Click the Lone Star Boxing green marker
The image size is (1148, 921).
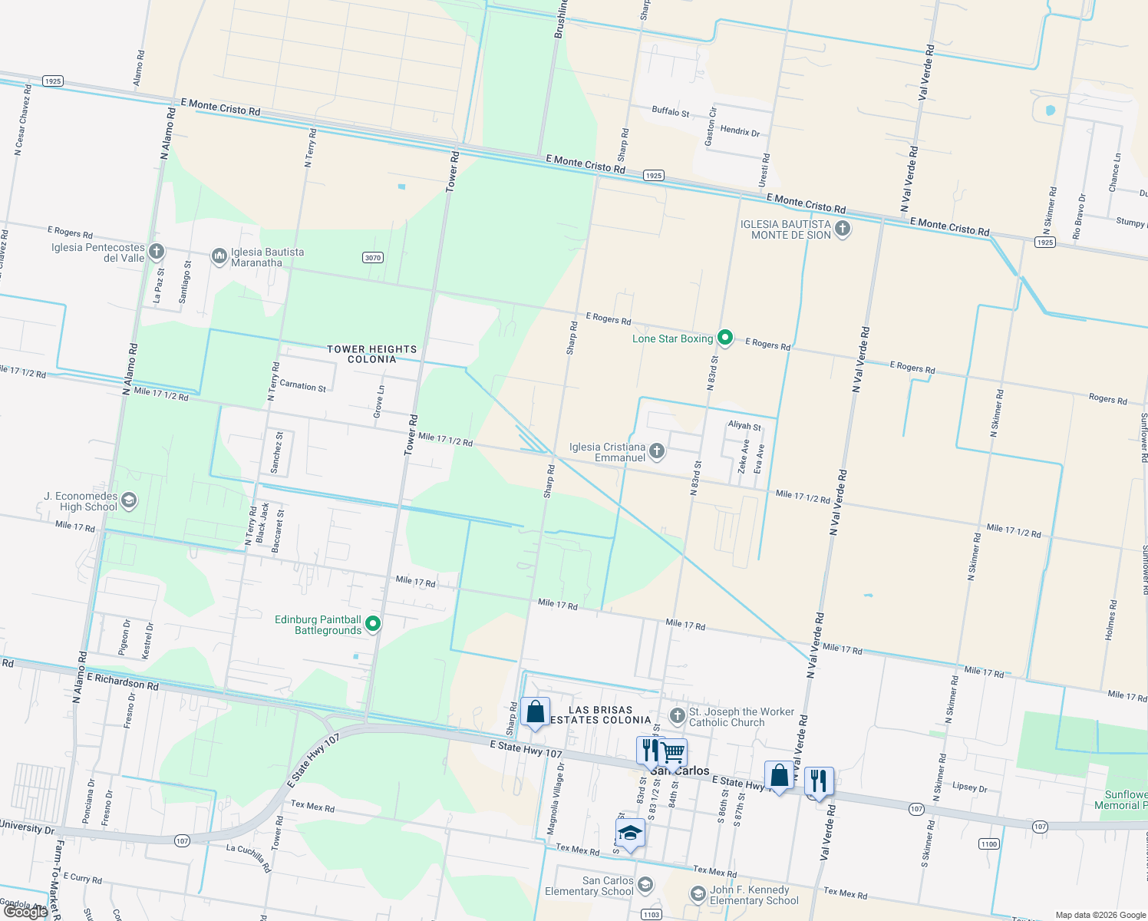click(725, 338)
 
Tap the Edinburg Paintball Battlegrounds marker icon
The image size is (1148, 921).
click(373, 624)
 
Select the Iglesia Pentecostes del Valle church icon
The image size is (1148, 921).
click(157, 251)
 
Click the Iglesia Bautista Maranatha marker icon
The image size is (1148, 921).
click(219, 256)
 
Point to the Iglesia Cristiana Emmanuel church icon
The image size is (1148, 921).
click(657, 451)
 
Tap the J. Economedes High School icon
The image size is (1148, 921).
click(129, 501)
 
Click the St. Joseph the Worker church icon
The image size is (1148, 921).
click(677, 716)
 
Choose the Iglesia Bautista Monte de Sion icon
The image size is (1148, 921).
click(843, 229)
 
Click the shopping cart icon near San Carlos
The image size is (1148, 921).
click(674, 753)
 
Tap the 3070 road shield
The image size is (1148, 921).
click(373, 258)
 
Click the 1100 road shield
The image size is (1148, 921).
click(988, 844)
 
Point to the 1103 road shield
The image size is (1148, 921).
click(652, 914)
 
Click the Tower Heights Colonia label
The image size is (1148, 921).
click(372, 354)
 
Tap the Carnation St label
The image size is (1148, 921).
click(302, 385)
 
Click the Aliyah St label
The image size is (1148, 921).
click(744, 426)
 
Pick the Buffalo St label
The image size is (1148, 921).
click(670, 111)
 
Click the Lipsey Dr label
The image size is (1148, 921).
click(969, 787)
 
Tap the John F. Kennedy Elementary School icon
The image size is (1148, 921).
click(698, 894)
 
